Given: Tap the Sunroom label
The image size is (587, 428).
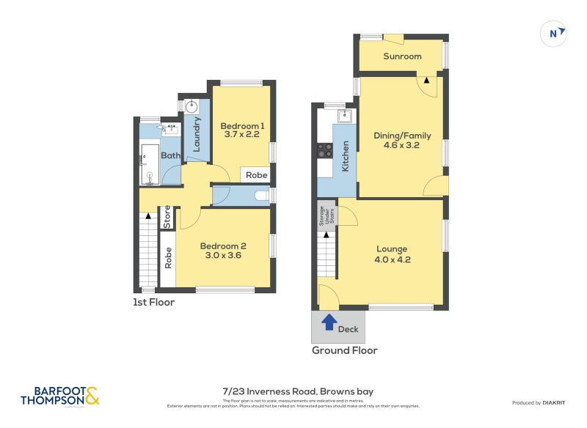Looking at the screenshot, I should (x=402, y=56).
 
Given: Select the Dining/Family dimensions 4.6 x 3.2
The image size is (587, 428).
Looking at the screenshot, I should (x=401, y=145).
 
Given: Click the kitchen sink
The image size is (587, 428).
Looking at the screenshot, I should (x=344, y=116).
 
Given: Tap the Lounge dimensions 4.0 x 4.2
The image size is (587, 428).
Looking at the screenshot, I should (x=392, y=259).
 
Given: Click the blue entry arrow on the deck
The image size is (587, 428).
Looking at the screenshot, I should (x=329, y=321).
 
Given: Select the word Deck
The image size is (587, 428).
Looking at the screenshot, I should (x=348, y=329).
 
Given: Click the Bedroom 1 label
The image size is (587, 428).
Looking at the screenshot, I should (x=242, y=126).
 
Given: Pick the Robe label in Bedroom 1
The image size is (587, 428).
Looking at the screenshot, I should (x=256, y=175).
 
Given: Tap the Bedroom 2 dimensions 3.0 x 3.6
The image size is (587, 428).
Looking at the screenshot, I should (x=222, y=256).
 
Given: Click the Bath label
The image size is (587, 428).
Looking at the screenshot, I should (x=170, y=155).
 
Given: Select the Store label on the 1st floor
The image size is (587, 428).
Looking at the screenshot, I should (x=167, y=218).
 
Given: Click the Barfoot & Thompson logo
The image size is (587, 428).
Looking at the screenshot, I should (x=60, y=396).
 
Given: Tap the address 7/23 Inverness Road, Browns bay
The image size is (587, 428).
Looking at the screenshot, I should (x=298, y=391).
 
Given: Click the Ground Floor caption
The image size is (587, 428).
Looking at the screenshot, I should (x=344, y=350).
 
